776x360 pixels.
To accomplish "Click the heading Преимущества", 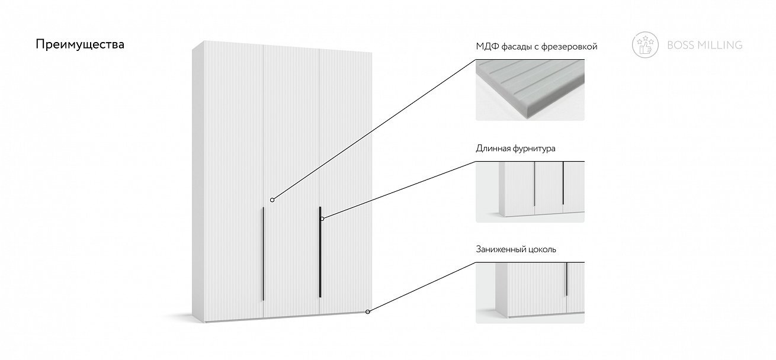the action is (80, 45).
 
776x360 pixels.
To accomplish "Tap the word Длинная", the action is (492, 149).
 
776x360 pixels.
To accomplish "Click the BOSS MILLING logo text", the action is (704, 45).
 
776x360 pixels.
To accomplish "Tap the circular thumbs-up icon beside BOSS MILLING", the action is (645, 45).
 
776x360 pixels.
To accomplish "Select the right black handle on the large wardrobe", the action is (320, 252).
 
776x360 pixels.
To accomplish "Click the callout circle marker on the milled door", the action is (272, 200).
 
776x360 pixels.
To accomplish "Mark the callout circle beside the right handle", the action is (322, 219).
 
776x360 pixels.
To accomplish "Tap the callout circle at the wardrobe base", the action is (367, 311).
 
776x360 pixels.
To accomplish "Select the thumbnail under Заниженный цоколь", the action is (530, 292).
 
